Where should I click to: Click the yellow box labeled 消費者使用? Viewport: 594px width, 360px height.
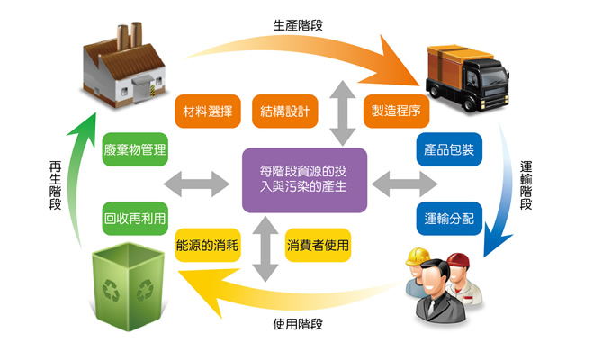pos(318,245)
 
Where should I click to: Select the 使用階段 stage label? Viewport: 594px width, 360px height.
pos(298,322)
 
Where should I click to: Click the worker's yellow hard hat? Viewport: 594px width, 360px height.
pos(418,256)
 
